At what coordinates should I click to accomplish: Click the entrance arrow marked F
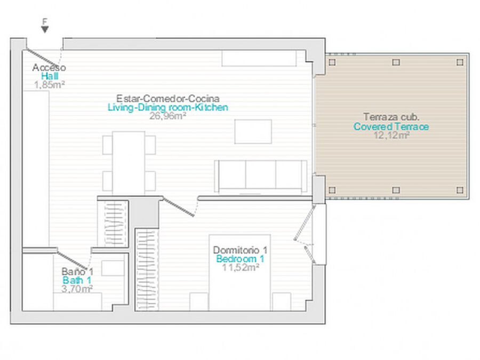tap(45, 29)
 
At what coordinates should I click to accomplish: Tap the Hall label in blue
tap(50, 76)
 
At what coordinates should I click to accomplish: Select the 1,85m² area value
tap(50, 85)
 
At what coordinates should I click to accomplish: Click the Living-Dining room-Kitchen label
tap(168, 107)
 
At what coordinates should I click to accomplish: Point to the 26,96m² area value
tap(168, 116)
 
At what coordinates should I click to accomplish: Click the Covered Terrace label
tap(391, 126)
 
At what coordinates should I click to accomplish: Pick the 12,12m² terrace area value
tap(391, 135)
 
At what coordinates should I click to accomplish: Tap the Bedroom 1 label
tap(240, 259)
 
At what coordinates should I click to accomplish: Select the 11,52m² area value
tap(241, 267)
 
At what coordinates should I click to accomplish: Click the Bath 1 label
tap(77, 280)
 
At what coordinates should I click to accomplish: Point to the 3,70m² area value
tap(77, 289)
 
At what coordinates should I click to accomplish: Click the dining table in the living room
tap(129, 163)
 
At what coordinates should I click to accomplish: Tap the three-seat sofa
tap(260, 177)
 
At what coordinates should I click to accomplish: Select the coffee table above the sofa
tap(253, 132)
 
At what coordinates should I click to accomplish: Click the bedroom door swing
tap(179, 207)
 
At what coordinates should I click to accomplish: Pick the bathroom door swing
tap(73, 260)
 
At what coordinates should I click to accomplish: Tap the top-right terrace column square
tap(460, 62)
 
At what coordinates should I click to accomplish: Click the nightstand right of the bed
tap(282, 301)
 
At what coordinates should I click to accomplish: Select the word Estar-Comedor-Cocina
tap(168, 99)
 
